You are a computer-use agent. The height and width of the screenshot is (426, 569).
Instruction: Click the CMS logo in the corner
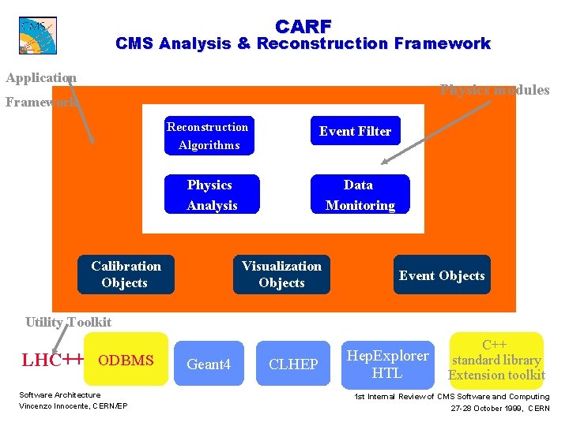point(38,35)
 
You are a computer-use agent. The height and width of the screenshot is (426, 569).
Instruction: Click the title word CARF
point(303,26)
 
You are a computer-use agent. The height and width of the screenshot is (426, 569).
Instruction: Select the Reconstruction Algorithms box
point(209,136)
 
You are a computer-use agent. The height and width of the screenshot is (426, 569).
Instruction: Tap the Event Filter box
point(355,132)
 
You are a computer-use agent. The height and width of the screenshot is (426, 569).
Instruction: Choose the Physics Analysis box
point(211,195)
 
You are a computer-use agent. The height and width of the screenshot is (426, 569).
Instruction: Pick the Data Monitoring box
point(360,195)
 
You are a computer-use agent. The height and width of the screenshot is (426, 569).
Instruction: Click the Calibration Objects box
point(125,275)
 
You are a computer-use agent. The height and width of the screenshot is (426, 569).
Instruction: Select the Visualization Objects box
point(281,275)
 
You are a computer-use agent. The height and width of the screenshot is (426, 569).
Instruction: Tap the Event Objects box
point(442,275)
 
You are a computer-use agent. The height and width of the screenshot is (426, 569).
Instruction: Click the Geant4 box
point(209,364)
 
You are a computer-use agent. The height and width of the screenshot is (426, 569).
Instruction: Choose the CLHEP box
point(293,364)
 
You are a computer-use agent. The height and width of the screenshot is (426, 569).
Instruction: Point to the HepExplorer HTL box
point(387,364)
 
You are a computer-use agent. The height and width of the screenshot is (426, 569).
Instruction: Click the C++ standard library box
point(496,360)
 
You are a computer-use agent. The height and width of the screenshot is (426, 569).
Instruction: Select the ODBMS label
point(126,361)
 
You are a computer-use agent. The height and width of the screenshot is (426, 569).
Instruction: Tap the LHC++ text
point(53,361)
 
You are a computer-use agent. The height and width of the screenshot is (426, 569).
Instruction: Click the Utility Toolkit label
point(68,322)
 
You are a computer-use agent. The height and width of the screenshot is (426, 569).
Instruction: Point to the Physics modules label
point(494,90)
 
